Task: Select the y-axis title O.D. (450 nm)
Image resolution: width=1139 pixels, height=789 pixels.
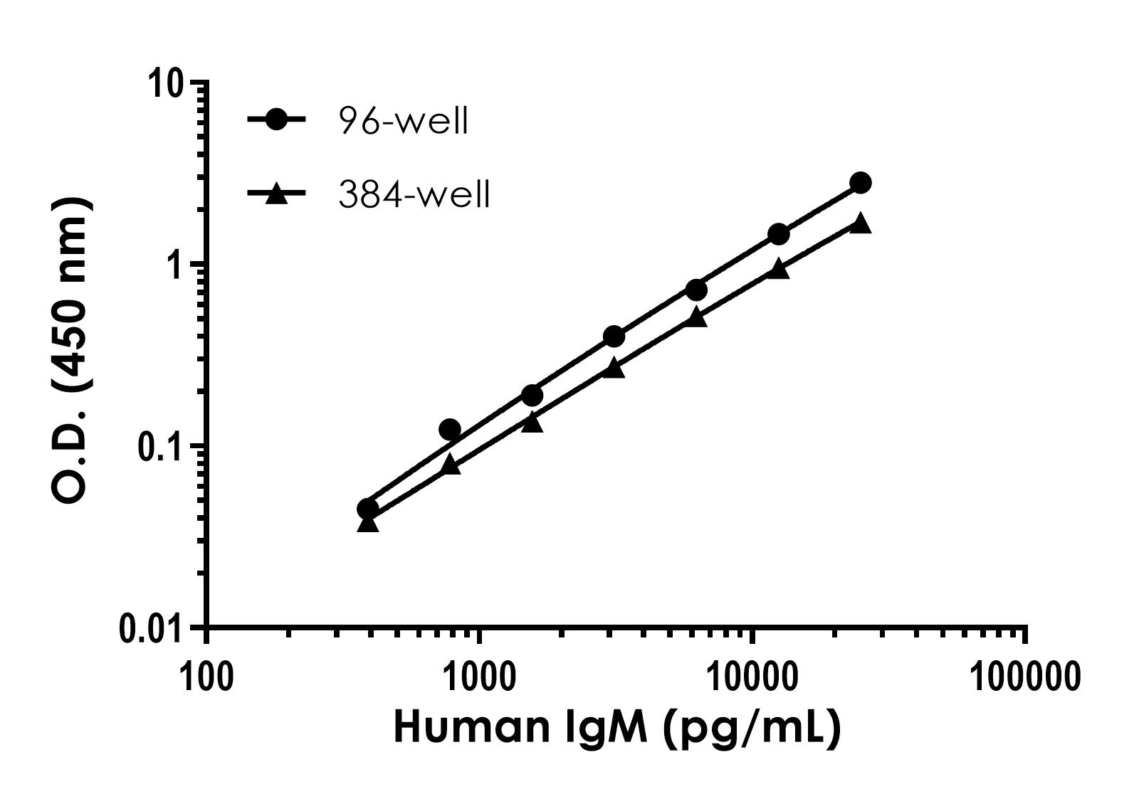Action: click(x=73, y=351)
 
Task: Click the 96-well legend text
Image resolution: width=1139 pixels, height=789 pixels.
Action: click(x=403, y=122)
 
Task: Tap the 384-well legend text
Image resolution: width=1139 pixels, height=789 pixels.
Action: click(x=414, y=194)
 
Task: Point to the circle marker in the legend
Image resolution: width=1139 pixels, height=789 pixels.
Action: click(x=276, y=120)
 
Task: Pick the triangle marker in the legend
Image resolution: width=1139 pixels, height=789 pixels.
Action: click(x=276, y=194)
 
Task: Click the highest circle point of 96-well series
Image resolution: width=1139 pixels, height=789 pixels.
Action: click(x=860, y=183)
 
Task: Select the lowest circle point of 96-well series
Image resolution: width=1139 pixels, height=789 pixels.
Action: click(x=367, y=509)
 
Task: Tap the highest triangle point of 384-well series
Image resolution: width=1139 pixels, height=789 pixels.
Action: click(x=860, y=223)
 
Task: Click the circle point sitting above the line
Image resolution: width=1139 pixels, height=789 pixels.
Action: click(x=450, y=429)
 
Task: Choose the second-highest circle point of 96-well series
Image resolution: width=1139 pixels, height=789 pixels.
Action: click(x=778, y=234)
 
